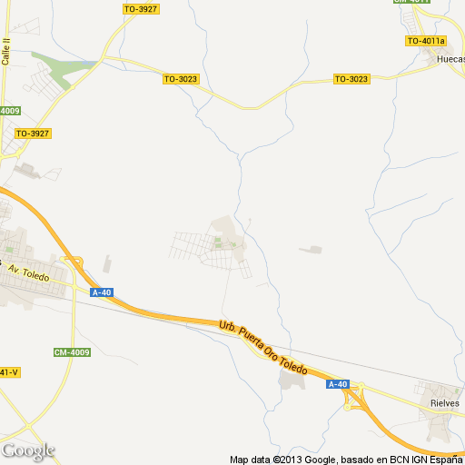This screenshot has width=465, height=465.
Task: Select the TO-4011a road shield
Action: pyautogui.click(x=426, y=41)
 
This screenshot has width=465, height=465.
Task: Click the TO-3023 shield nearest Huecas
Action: pyautogui.click(x=351, y=79)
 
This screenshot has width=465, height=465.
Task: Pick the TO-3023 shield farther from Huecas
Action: pyautogui.click(x=181, y=79)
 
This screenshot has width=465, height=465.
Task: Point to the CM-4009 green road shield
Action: pyautogui.click(x=73, y=352)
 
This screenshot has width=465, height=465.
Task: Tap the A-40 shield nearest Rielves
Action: pyautogui.click(x=338, y=384)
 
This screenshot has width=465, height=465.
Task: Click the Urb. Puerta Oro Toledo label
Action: pyautogui.click(x=264, y=348)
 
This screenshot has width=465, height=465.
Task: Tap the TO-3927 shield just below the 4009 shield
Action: pyautogui.click(x=33, y=134)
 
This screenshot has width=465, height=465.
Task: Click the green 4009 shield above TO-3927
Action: pyautogui.click(x=9, y=111)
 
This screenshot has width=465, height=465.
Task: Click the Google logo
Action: pyautogui.click(x=28, y=450)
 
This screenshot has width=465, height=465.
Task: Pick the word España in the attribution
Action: pyautogui.click(x=445, y=459)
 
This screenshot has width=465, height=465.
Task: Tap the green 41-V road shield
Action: pyautogui.click(x=9, y=372)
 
